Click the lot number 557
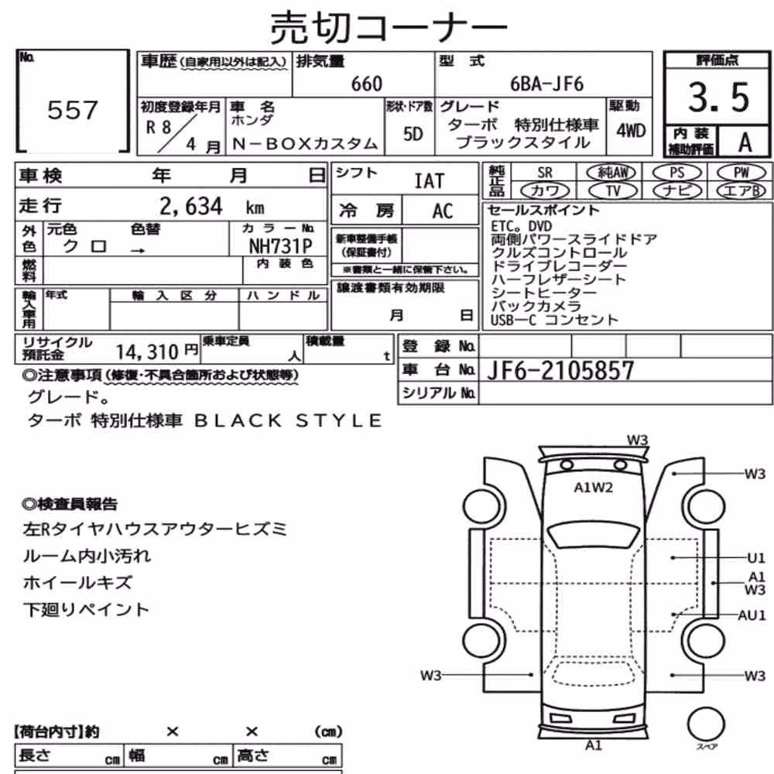(73, 110)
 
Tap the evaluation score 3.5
(719, 97)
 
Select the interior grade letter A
(745, 142)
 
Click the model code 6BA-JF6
(546, 84)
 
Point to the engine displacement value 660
(367, 84)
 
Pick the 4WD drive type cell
(631, 131)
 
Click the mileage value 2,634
(191, 206)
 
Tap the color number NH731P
(280, 245)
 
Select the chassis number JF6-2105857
(560, 370)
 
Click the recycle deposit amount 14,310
(146, 352)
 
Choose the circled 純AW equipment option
(612, 173)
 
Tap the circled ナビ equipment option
(676, 190)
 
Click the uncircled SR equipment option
(544, 173)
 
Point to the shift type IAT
(429, 181)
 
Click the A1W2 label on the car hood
(594, 488)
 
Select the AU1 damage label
(752, 615)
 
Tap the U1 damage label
(755, 558)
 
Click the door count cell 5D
(413, 133)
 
